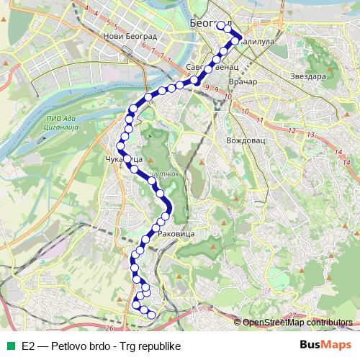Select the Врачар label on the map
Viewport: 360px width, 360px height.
pos(241,83)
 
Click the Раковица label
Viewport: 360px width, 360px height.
pos(176,234)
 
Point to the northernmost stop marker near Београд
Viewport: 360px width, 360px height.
pos(220,25)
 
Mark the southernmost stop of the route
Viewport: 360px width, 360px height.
pos(151,315)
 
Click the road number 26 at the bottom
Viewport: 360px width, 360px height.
pos(108,328)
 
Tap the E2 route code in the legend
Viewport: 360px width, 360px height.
pos(29,346)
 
